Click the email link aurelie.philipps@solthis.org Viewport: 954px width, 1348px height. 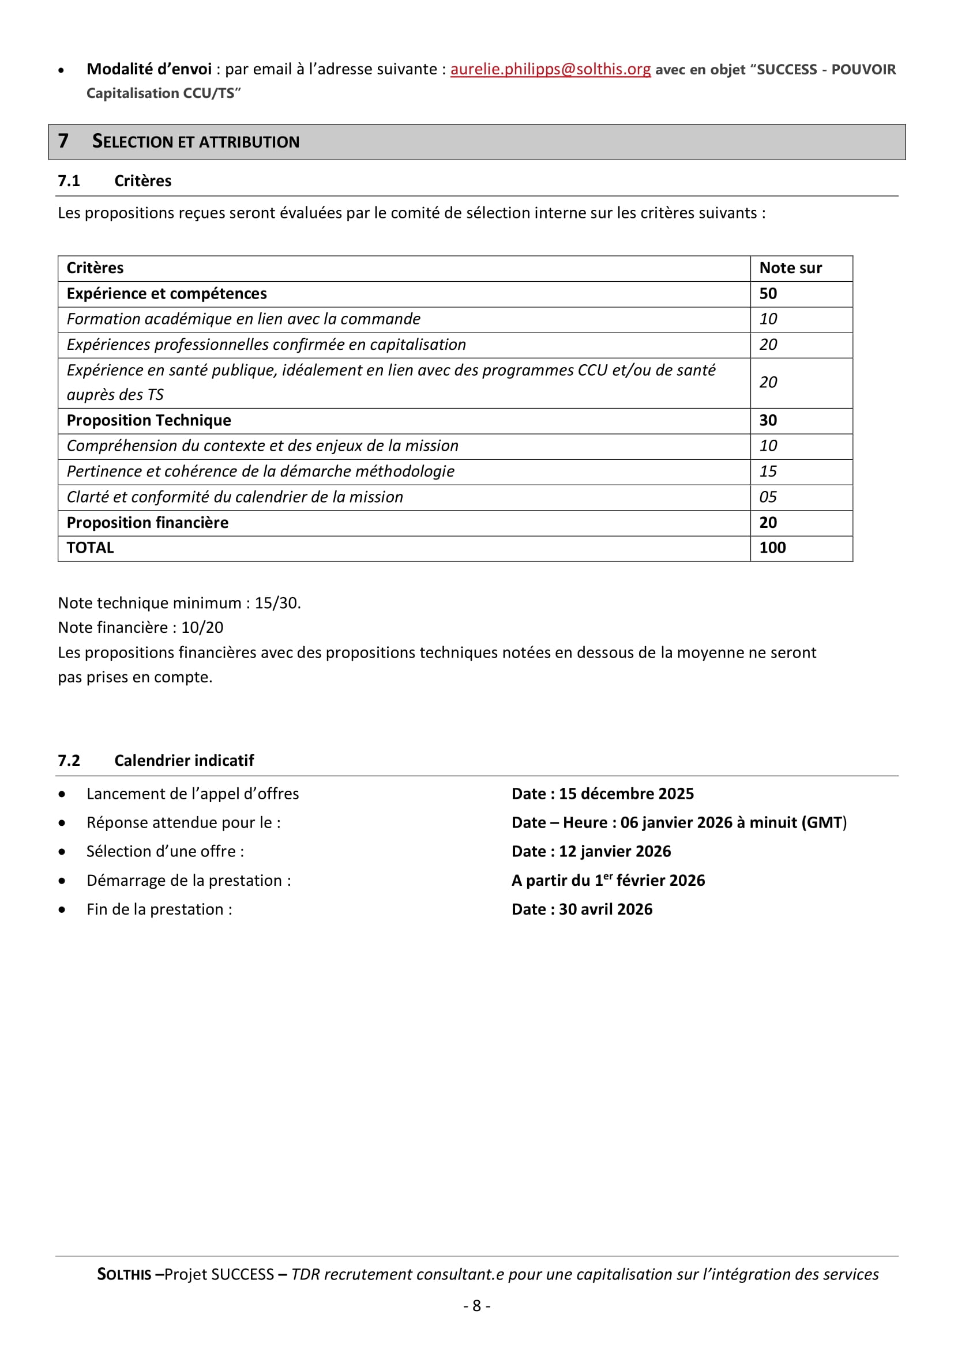(x=550, y=69)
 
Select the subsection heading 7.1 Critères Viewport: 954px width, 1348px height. (x=115, y=181)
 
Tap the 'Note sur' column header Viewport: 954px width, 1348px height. (x=790, y=269)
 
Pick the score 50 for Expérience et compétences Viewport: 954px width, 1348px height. (x=768, y=293)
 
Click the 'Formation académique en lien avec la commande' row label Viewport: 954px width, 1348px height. (x=243, y=319)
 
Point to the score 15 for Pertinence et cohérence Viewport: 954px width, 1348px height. (x=768, y=471)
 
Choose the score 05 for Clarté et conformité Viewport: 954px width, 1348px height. (x=768, y=497)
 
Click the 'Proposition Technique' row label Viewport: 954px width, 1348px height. (x=149, y=420)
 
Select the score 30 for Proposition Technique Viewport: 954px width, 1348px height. (x=768, y=420)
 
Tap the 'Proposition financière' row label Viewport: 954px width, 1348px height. (x=148, y=523)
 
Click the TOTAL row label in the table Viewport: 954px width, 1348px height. (x=90, y=547)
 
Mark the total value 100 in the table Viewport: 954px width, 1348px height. (x=772, y=547)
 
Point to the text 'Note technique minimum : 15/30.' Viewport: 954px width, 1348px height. (x=179, y=603)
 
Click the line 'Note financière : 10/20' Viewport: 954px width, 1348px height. (x=140, y=628)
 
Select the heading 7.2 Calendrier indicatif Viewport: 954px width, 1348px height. (x=156, y=760)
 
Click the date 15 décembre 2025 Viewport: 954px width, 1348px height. (x=626, y=794)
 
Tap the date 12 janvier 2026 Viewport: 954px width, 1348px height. (x=614, y=851)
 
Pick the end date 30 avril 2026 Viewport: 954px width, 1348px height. (x=605, y=909)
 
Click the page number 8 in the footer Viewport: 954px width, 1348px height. (x=476, y=1306)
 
